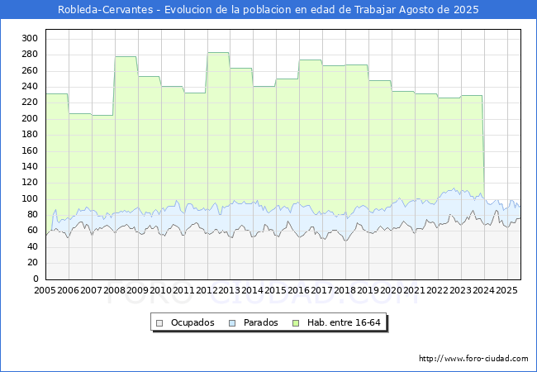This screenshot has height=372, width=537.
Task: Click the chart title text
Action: click(268, 10)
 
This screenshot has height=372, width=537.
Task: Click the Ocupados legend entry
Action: click(190, 322)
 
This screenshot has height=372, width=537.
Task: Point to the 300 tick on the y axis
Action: click(30, 38)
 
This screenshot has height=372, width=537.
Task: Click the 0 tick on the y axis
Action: click(36, 279)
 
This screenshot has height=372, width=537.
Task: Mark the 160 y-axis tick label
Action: click(30, 150)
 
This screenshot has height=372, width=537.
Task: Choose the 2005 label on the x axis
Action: click(45, 291)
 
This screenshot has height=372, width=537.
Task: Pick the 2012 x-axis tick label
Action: click(207, 291)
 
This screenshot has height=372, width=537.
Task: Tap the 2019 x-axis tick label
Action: click(368, 291)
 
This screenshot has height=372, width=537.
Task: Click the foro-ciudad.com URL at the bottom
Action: click(473, 359)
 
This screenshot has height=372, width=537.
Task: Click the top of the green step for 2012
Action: click(218, 53)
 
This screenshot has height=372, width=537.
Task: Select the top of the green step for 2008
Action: click(126, 56)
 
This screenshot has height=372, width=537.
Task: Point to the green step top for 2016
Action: click(310, 60)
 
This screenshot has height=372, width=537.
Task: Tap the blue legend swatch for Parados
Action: click(232, 322)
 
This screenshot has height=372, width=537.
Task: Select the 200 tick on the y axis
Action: click(30, 118)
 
